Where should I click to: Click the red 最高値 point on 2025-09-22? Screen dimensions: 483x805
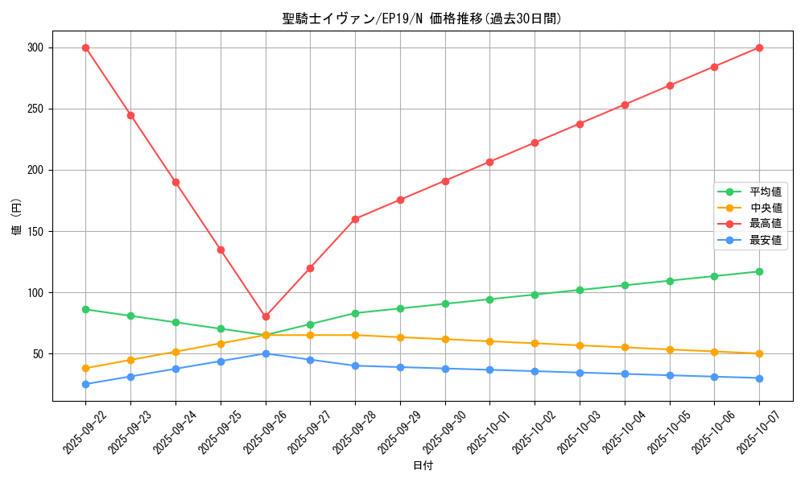click(85, 47)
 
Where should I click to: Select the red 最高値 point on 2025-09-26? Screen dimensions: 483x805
click(266, 316)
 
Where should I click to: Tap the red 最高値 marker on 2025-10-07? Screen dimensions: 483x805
click(759, 47)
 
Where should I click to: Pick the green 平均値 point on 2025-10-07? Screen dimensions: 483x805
click(759, 271)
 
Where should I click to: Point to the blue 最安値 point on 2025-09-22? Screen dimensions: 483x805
click(85, 384)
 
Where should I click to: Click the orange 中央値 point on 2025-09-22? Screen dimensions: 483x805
click(85, 369)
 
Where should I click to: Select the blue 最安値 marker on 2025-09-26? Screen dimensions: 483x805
click(266, 353)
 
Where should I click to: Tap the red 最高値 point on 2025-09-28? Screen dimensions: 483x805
click(355, 219)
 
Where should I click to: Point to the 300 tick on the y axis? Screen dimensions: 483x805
click(36, 47)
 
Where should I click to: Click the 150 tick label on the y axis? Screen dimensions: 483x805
click(36, 231)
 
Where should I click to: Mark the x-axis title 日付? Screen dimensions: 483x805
click(422, 466)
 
